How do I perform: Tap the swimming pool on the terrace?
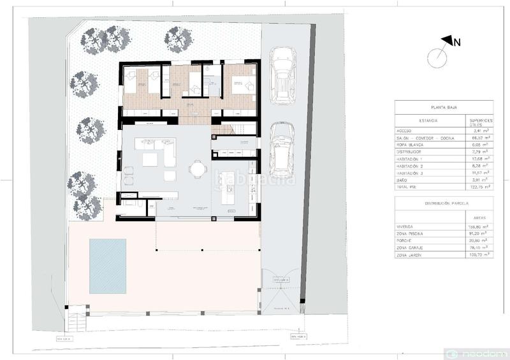108,266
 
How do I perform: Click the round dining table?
199,169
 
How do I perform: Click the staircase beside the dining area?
226,130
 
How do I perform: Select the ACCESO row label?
405,130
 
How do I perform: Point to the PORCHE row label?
405,241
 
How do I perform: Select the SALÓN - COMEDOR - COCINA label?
425,137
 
